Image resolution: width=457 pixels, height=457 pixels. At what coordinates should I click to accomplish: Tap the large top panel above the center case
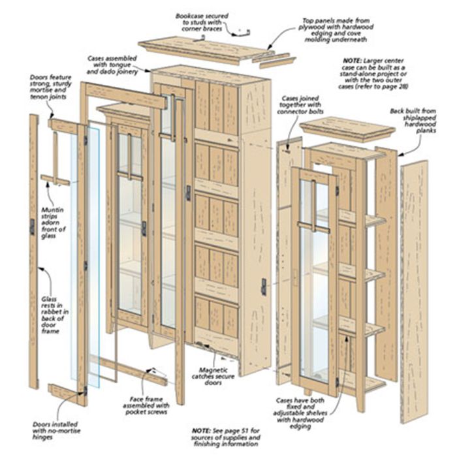click(x=202, y=49)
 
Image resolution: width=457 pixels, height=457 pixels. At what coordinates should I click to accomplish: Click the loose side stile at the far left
click(x=33, y=248)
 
